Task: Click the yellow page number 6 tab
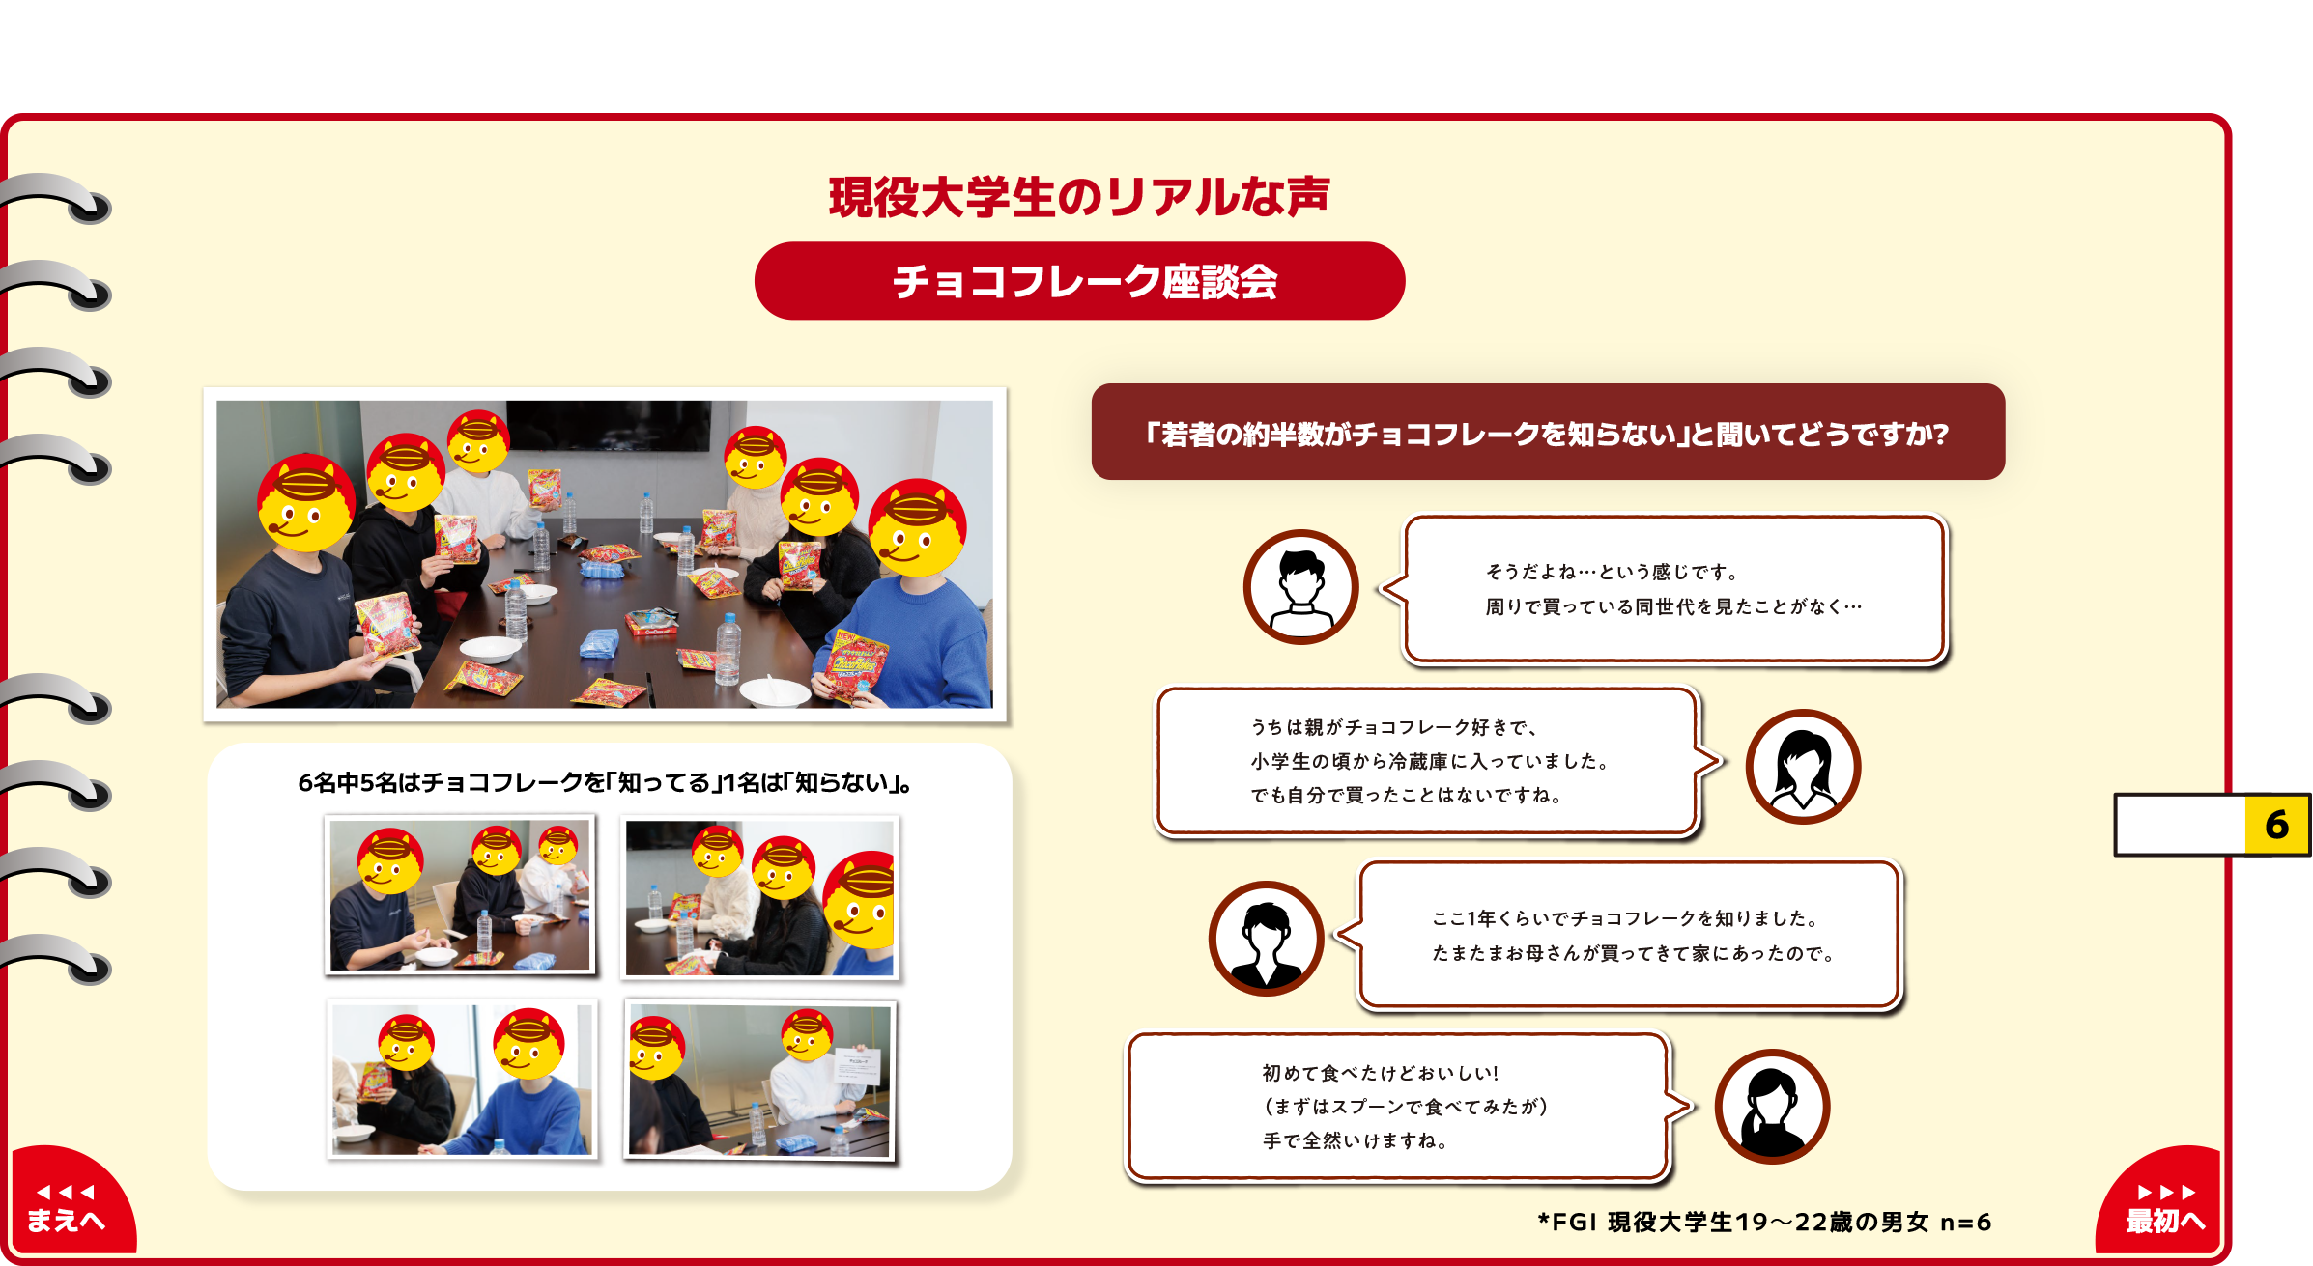tap(2275, 825)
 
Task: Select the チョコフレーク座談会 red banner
tap(1079, 281)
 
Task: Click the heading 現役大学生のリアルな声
tap(1079, 197)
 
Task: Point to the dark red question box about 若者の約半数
tap(1548, 432)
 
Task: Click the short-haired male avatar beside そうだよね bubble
tap(1300, 587)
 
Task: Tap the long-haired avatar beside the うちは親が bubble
tap(1803, 767)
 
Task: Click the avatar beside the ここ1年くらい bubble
tap(1266, 939)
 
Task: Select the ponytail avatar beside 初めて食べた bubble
tap(1772, 1107)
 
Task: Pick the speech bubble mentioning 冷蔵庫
tap(1438, 761)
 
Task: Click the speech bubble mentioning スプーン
tap(1409, 1107)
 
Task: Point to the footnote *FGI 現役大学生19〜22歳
tap(1764, 1223)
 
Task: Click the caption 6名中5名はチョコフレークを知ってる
tap(606, 782)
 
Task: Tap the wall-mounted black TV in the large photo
tap(609, 425)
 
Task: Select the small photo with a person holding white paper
tap(759, 1080)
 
